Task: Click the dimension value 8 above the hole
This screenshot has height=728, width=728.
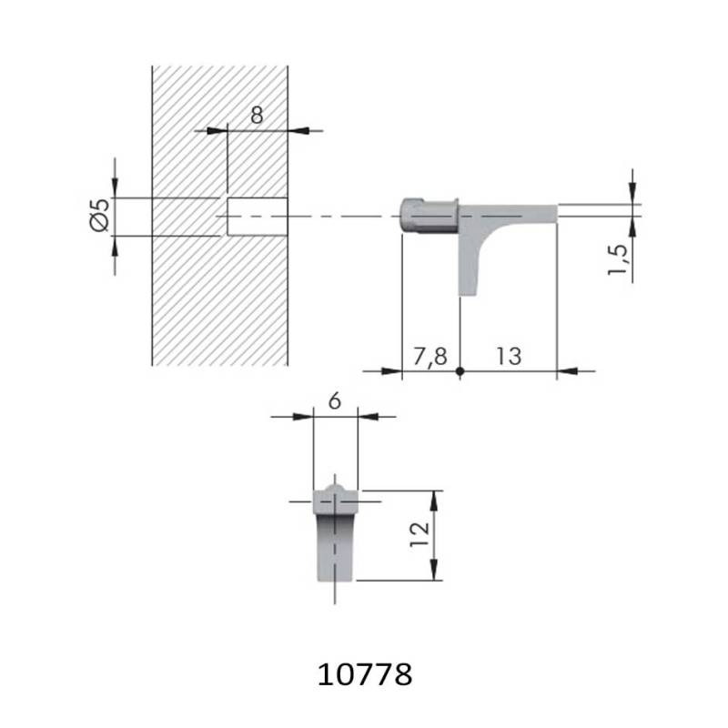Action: (x=257, y=115)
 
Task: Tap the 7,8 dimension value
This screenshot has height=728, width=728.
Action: (x=430, y=356)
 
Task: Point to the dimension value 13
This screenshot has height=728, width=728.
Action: (x=509, y=356)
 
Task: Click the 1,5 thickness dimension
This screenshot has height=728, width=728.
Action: (x=620, y=260)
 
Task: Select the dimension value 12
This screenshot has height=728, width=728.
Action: (x=420, y=534)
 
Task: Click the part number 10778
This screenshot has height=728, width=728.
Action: (x=366, y=674)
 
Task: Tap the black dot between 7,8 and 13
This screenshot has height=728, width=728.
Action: (x=460, y=370)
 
